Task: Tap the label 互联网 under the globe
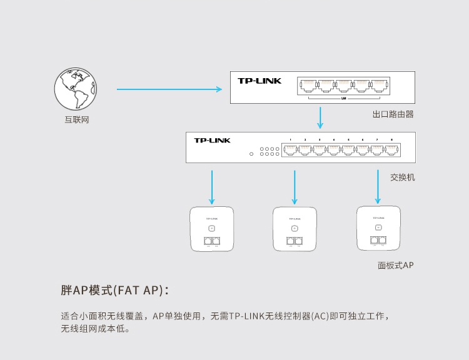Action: [76, 119]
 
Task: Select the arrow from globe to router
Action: [169, 89]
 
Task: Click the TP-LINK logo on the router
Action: [260, 81]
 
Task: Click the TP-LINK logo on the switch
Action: [212, 141]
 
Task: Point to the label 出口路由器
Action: [393, 114]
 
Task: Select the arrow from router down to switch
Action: [321, 117]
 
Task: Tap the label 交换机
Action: [402, 177]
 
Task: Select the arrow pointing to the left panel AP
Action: [212, 186]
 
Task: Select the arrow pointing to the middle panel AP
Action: [294, 186]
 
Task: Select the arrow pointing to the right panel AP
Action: [378, 185]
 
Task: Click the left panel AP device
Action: [212, 229]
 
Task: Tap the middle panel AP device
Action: [295, 229]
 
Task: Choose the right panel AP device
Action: [378, 227]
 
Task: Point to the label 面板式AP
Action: [395, 265]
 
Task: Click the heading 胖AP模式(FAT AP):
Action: [114, 291]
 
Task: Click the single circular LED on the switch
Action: [251, 154]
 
